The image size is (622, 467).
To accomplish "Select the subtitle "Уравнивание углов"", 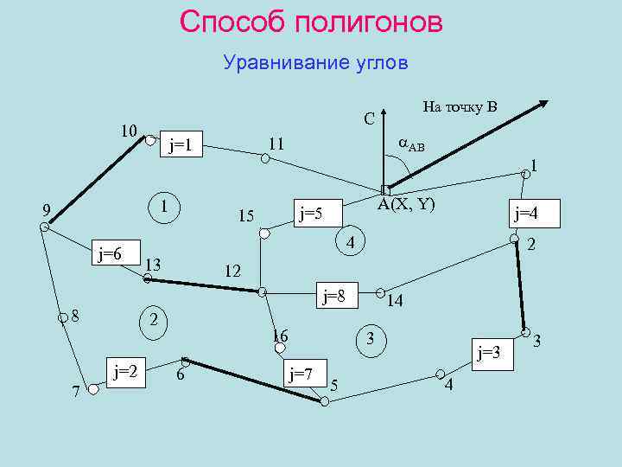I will [314, 63].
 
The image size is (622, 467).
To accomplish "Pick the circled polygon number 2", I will [153, 320].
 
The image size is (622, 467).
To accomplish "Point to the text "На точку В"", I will [460, 107].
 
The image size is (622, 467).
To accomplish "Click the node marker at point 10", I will [150, 139].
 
